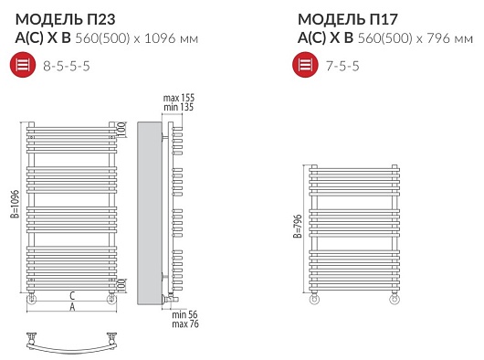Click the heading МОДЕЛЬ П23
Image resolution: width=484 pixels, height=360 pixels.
pos(66,19)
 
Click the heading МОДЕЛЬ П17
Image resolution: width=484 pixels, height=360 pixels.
pos(348,19)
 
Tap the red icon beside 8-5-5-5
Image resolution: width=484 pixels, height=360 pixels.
pos(23,65)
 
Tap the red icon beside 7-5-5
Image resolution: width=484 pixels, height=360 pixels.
pos(305,65)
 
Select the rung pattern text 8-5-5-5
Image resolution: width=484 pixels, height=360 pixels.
pos(67,66)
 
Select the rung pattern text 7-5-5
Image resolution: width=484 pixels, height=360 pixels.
pos(342,66)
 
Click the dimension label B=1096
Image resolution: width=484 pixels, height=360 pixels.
pos(15,204)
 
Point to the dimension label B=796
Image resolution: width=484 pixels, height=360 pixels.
pos(298,226)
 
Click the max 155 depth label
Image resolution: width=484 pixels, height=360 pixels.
pos(179,98)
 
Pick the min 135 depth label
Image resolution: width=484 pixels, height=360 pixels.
pos(178,107)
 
